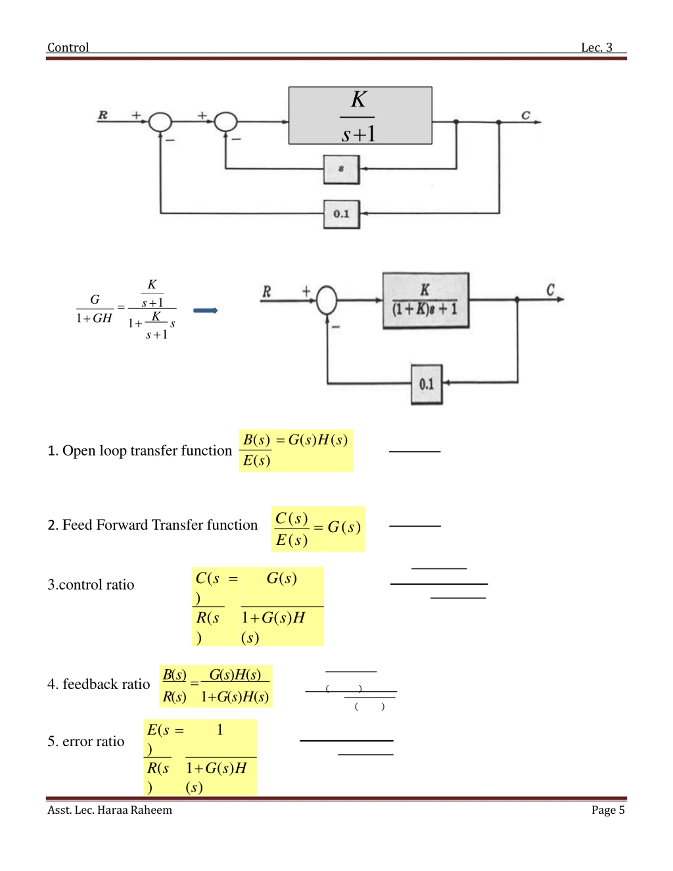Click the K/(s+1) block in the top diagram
tap(360, 115)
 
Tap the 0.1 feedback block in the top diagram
tap(341, 214)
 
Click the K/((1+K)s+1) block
tap(426, 300)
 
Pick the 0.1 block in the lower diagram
tap(427, 384)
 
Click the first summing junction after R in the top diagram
tap(160, 122)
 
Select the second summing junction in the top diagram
tap(226, 122)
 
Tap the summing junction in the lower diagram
tap(327, 300)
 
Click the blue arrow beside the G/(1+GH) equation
tap(205, 310)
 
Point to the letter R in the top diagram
tap(103, 115)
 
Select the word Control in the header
tap(68, 48)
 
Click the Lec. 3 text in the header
tap(596, 48)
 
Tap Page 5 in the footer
tap(608, 810)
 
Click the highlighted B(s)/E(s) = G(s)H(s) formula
tap(296, 451)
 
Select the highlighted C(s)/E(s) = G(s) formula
tap(318, 529)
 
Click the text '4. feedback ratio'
tap(99, 684)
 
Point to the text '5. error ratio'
tap(86, 741)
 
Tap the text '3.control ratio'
tap(91, 585)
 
